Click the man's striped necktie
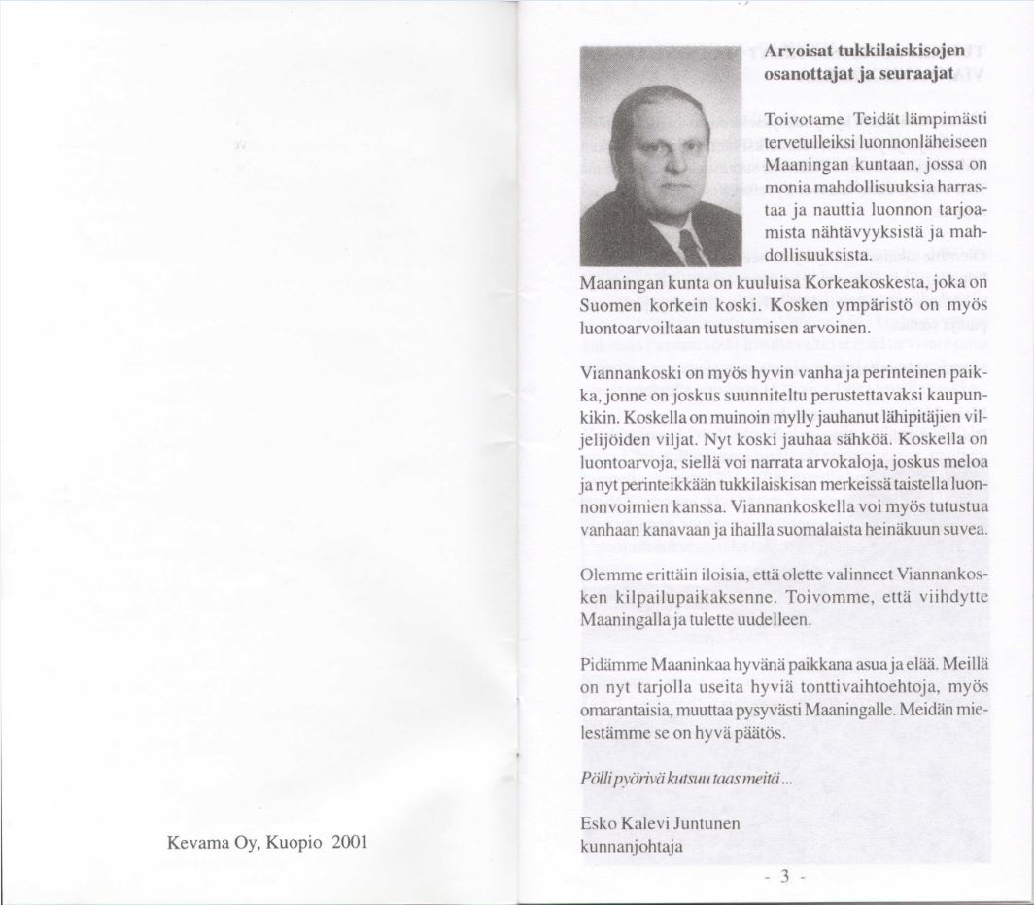[692, 248]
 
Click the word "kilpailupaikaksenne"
[689, 596]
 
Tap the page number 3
[780, 878]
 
